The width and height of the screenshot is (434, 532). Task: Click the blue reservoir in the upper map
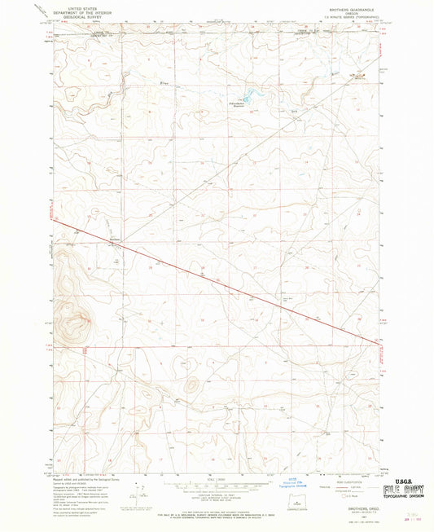tap(248, 95)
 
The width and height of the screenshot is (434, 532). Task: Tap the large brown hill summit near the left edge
tap(79, 319)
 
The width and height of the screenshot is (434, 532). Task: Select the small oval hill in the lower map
tap(193, 382)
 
